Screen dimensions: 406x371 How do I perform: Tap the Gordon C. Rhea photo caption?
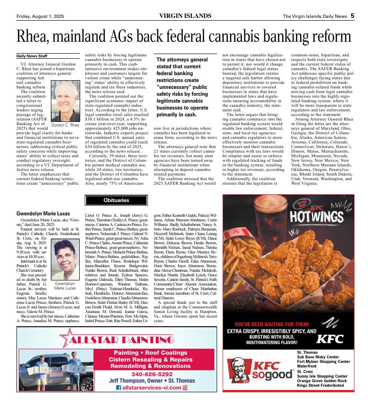[65, 125]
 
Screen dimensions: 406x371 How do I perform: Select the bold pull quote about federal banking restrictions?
[182, 87]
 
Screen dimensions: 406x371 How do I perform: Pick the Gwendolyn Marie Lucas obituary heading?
[44, 214]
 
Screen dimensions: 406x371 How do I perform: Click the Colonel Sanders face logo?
[239, 372]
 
